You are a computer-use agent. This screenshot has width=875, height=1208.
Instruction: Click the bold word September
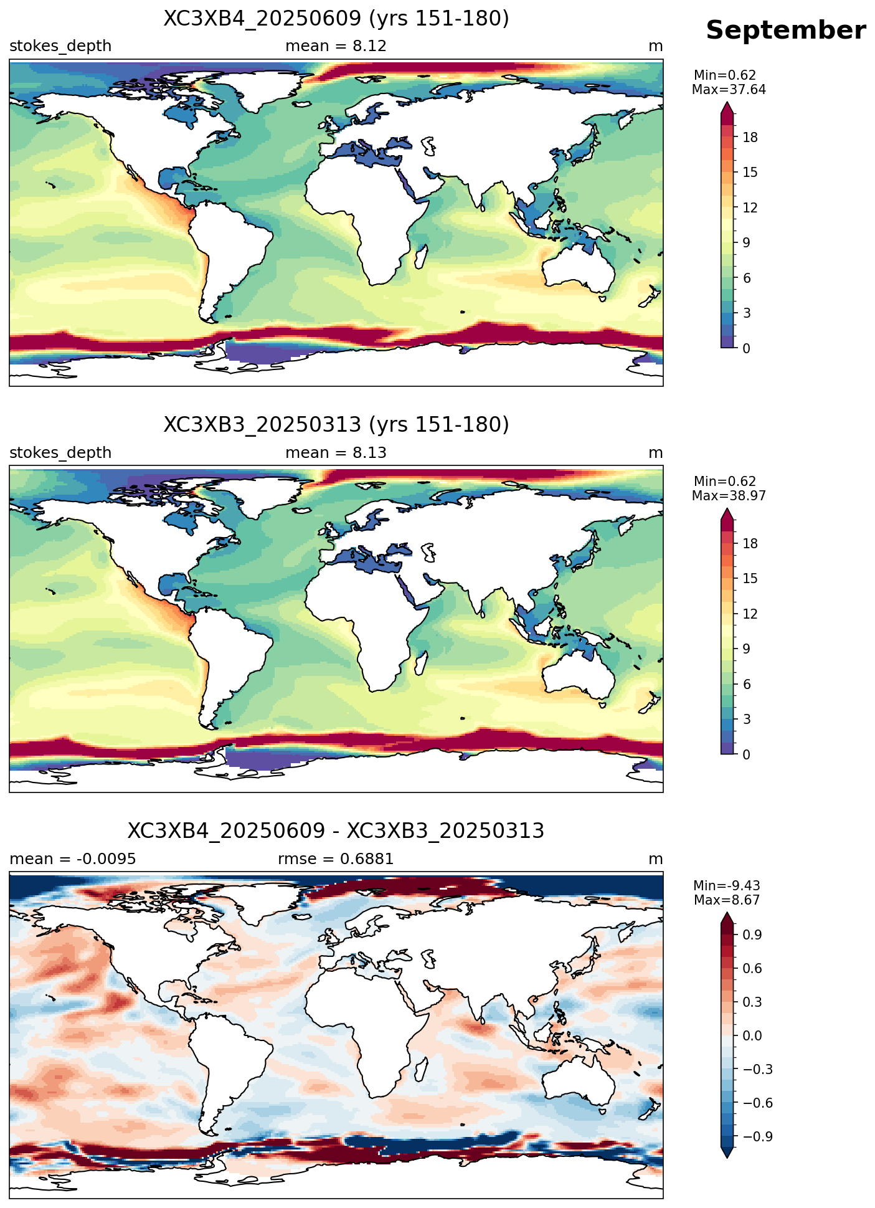coord(785,31)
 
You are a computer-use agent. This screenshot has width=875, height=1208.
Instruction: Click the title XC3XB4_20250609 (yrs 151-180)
coord(336,19)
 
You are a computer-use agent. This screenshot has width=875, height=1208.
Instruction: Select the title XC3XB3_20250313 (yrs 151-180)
coord(336,425)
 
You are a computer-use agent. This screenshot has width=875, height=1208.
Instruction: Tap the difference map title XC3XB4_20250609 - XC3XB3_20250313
coord(336,831)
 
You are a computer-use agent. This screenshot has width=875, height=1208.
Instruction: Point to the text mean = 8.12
coord(336,46)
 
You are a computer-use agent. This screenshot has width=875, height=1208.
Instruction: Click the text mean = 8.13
coord(336,453)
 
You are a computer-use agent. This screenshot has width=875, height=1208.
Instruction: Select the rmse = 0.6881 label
coord(336,859)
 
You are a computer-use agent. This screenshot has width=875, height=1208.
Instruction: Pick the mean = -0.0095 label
coord(73,859)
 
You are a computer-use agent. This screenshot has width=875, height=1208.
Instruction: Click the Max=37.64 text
coord(729,90)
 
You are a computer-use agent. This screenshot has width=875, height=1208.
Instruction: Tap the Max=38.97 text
coord(729,496)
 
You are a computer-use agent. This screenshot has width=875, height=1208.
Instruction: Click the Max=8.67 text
coord(727,900)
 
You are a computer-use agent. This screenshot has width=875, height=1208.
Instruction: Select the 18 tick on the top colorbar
coord(750,138)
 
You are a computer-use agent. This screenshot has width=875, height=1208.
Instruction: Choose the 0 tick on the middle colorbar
coord(746,754)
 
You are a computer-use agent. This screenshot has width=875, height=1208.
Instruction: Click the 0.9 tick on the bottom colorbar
coord(752,935)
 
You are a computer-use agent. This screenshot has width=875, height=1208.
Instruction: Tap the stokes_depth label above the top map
coord(60,46)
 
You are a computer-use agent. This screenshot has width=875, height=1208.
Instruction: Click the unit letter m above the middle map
coord(656,453)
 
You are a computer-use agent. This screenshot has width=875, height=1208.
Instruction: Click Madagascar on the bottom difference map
coord(421,1070)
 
